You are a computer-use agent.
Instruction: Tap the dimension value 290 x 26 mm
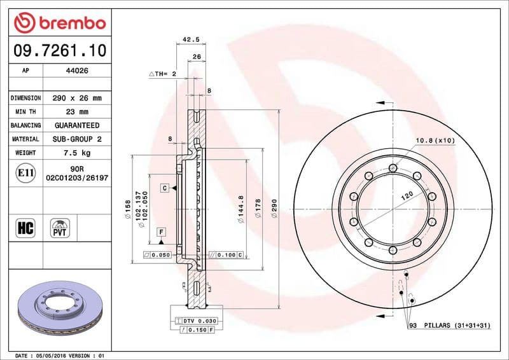[77, 99]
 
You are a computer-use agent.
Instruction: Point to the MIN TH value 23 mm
[77, 112]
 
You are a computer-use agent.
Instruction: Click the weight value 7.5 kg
[77, 153]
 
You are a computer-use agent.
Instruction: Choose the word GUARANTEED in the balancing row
[77, 125]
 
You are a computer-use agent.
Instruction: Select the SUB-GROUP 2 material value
[77, 139]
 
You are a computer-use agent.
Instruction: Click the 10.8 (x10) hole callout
[435, 140]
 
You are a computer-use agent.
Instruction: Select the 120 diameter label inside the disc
[407, 195]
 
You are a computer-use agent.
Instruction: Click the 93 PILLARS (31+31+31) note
[450, 326]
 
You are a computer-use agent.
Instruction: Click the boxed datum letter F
[162, 231]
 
